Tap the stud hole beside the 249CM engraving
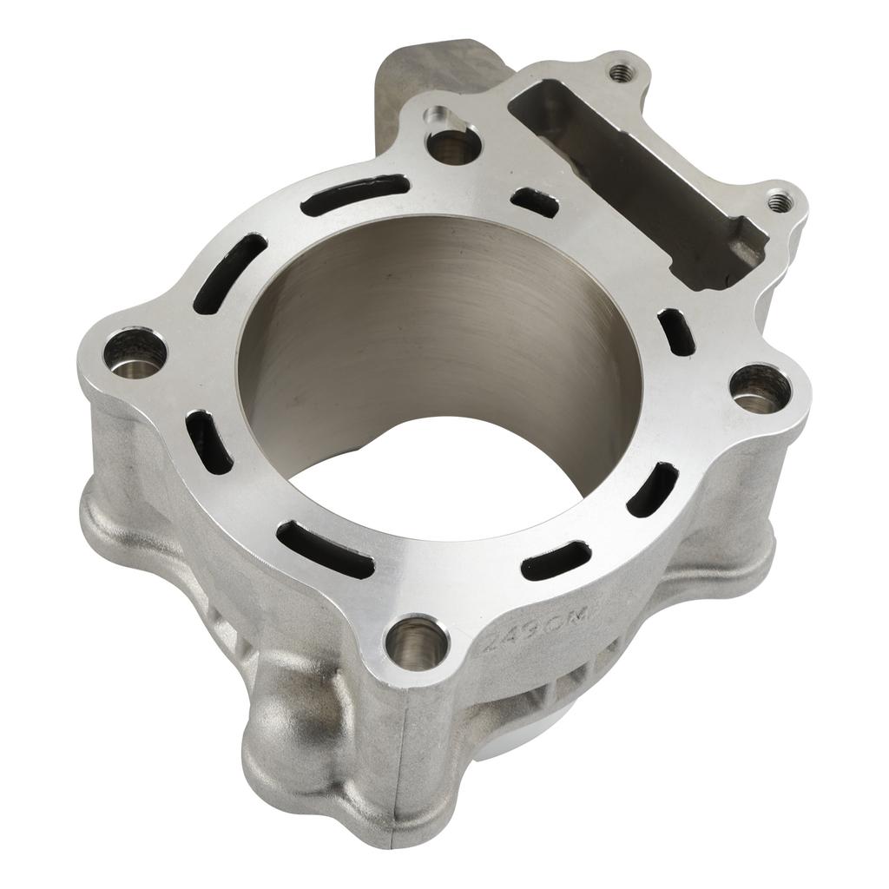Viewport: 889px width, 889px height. point(417,642)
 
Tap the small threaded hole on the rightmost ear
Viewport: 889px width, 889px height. point(779,201)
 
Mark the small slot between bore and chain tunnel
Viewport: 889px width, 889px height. point(534,201)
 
